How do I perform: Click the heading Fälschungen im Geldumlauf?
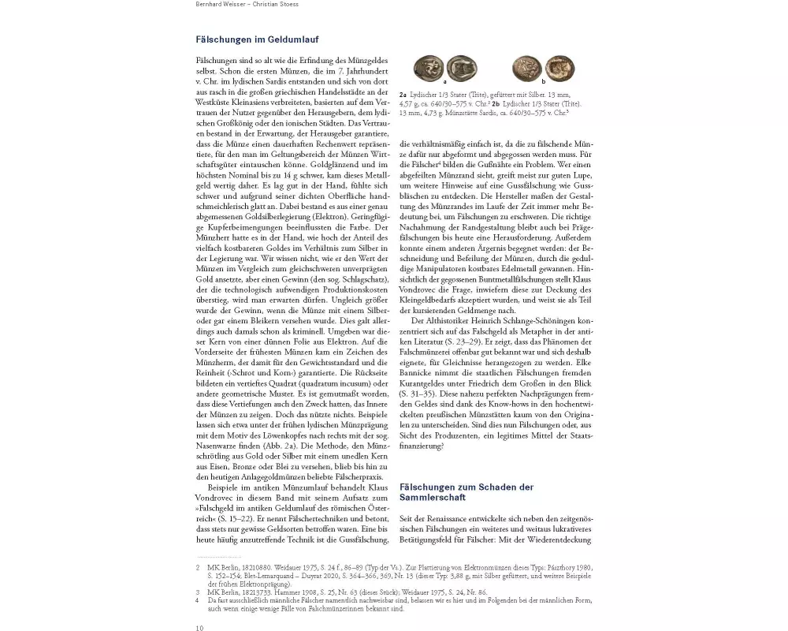pos(257,39)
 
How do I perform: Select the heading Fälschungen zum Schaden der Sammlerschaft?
pos(466,492)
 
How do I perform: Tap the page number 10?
pos(199,627)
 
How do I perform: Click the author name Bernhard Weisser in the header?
pos(221,4)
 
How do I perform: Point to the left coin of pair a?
pos(429,68)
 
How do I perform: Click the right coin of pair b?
pos(559,68)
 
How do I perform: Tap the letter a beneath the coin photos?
pos(445,81)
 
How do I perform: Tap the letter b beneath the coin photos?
pos(544,81)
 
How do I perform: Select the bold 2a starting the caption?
pos(403,94)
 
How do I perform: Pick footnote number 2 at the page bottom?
pos(198,567)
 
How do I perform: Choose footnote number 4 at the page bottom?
pos(198,600)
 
